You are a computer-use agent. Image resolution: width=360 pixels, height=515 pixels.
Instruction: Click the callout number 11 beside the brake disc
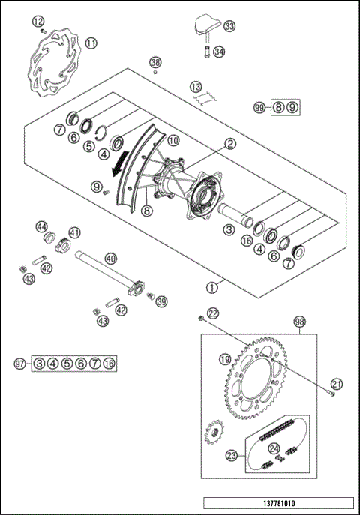[91, 43]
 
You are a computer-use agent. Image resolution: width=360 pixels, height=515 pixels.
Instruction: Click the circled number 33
[229, 27]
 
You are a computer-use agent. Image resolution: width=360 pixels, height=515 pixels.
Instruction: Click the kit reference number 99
[259, 108]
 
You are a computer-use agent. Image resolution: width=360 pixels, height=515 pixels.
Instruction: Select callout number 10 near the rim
[172, 140]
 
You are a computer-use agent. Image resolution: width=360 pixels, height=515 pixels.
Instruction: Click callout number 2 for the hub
[230, 143]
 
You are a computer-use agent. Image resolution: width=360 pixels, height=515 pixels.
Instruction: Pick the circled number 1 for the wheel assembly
[213, 285]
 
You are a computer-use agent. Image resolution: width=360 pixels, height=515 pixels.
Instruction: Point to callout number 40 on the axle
[110, 259]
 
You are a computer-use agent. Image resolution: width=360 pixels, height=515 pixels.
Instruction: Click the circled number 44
[42, 226]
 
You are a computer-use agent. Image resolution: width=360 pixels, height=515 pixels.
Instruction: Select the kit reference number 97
[20, 364]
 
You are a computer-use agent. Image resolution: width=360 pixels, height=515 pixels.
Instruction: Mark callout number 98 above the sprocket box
[300, 321]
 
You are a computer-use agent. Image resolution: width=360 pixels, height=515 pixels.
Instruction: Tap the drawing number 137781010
[277, 504]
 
